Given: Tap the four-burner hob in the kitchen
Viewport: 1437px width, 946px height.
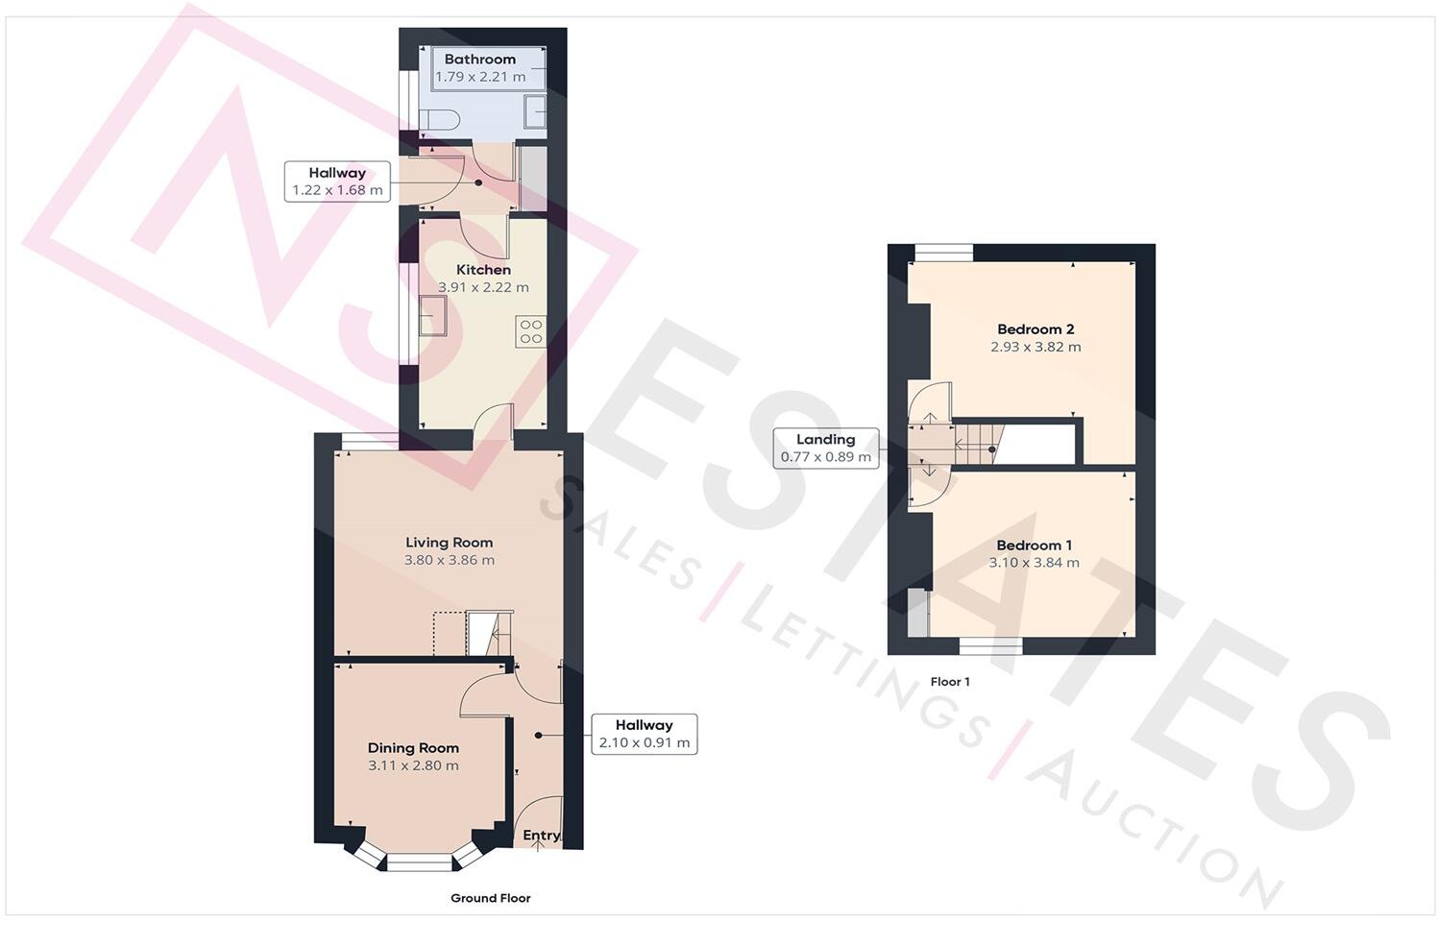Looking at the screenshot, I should coord(531,331).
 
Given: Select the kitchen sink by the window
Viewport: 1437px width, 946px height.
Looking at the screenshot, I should coord(432,316).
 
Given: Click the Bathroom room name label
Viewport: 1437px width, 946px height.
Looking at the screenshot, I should coord(479,60).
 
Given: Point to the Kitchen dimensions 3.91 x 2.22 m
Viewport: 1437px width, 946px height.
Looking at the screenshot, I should coord(483,287).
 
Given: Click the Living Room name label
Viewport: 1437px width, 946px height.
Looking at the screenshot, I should coord(449,543).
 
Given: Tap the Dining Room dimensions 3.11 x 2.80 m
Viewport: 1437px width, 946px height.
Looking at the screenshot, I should coord(413,765).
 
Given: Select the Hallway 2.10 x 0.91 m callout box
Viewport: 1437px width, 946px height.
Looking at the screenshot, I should coord(644,734).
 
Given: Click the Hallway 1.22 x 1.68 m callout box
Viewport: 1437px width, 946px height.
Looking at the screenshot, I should coord(337,182).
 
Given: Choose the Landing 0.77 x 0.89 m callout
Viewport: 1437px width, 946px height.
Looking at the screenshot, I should coord(825,449).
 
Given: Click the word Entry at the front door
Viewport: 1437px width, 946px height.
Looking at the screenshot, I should coord(541,836).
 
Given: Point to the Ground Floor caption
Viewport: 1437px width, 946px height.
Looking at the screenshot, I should coord(490,898).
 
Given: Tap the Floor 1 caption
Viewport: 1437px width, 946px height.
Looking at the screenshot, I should coord(950,682).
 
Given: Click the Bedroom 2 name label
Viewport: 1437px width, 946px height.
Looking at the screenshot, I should coord(1035,329).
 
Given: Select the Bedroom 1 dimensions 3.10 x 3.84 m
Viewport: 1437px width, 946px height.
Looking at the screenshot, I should coord(1034,563).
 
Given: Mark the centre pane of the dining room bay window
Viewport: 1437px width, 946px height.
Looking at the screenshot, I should coord(419,863).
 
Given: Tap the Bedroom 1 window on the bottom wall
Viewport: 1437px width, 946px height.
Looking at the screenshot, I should coord(991,646).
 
